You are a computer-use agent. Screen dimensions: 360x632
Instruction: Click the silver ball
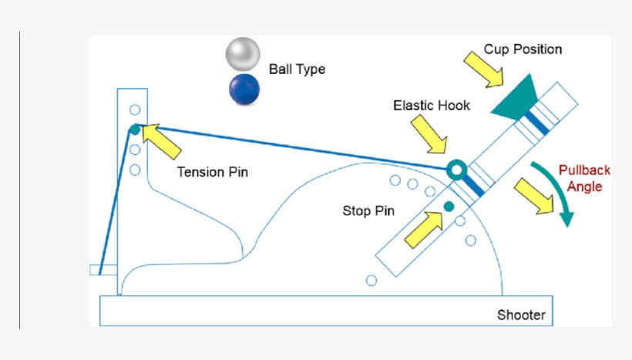243,54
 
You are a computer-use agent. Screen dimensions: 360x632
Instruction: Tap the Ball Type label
297,69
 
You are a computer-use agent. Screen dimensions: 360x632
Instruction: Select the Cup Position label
523,49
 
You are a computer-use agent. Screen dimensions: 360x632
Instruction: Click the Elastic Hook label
431,105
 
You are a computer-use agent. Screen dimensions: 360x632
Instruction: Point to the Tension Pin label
213,172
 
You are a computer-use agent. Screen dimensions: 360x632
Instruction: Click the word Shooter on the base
521,315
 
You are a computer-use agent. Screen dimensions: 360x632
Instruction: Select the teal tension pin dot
135,129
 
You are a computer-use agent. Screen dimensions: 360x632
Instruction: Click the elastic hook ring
456,169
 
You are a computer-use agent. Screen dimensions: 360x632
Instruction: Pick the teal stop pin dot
448,206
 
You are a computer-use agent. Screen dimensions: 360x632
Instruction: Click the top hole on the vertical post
135,109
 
